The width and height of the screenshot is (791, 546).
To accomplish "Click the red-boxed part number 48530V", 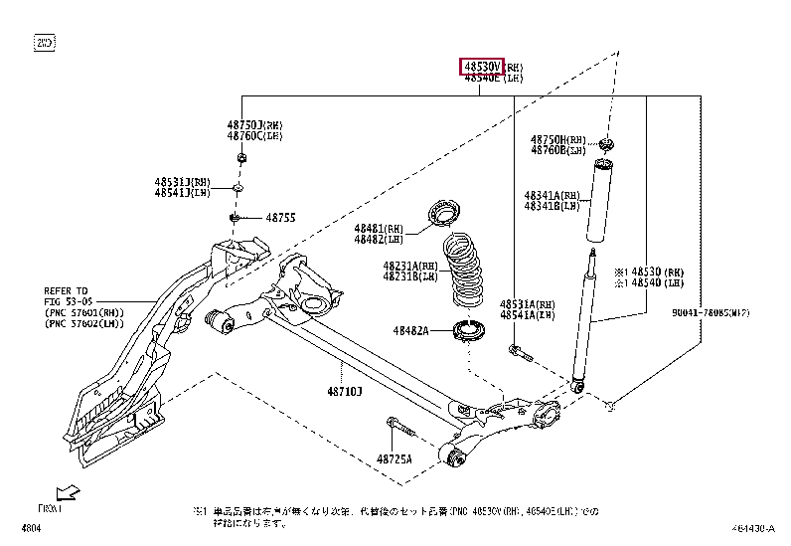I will point(481,67).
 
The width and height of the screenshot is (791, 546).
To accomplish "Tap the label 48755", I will point(281,218).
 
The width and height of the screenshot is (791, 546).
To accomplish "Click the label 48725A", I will point(395,458).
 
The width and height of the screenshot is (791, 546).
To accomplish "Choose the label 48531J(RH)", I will point(182,182).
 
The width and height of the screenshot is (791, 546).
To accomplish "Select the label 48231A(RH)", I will point(409,267).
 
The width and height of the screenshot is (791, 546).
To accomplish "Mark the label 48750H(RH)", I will point(557,139).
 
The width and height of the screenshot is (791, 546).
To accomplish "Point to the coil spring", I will point(463,269).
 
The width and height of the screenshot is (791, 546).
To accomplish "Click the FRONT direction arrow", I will point(67,492).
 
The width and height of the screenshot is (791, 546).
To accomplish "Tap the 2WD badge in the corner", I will point(45,43).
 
